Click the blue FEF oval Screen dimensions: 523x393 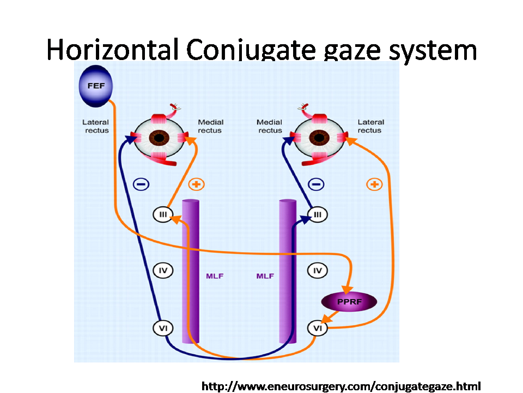[96, 86]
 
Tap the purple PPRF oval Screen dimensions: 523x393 [349, 301]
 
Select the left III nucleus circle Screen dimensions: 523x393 [163, 214]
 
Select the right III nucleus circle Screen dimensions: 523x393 [317, 214]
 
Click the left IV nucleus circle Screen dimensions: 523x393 [163, 270]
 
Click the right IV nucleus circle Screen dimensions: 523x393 [317, 270]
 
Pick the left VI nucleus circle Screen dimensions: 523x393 [163, 328]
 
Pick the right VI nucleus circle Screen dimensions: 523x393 [317, 328]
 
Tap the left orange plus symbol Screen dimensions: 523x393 [197, 184]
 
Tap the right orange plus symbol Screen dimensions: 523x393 [374, 184]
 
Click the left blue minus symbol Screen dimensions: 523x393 [141, 184]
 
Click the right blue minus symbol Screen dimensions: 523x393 [316, 184]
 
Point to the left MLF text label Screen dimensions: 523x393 [215, 276]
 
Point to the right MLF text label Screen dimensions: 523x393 [265, 276]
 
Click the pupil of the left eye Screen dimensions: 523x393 [159, 138]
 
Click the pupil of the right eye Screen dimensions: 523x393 [319, 138]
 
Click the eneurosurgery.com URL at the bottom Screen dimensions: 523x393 [341, 386]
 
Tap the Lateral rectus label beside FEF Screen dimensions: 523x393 [96, 126]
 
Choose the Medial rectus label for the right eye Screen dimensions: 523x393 [270, 126]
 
